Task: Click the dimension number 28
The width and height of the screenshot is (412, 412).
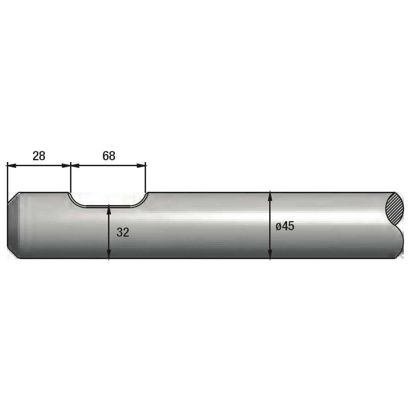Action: tap(39, 156)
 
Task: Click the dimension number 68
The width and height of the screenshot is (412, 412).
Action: tap(109, 156)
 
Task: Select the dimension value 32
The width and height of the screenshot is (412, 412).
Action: tap(123, 232)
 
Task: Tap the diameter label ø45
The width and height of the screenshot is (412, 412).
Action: tap(285, 226)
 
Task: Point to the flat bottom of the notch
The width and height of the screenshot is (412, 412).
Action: tap(108, 206)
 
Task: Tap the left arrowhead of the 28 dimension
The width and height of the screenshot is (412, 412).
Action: tap(11, 166)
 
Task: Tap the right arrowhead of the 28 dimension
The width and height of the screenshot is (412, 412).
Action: tap(66, 166)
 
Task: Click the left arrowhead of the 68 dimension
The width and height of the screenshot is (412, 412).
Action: tap(76, 166)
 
